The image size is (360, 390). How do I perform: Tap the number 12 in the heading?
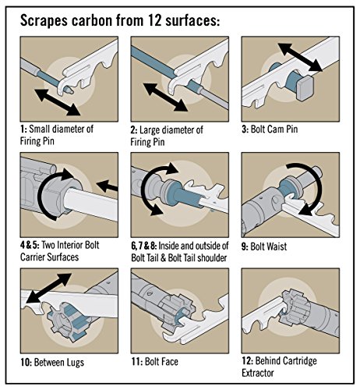[x=154, y=20]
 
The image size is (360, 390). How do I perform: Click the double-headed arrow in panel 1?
[x=58, y=102]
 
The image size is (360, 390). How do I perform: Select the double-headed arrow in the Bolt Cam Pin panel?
[x=300, y=58]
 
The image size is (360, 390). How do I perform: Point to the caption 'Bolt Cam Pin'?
[x=274, y=129]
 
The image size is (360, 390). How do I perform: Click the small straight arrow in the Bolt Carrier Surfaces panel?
[x=107, y=186]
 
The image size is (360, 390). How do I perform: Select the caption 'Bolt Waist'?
[x=269, y=246]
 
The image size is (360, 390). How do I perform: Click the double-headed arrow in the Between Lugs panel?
[x=49, y=289]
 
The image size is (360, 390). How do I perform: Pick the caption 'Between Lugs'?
[x=59, y=363]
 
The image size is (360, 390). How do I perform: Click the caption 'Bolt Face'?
[x=161, y=362]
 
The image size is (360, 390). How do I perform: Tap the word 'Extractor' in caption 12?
[x=258, y=373]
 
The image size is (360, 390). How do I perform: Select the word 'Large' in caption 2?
[x=150, y=130]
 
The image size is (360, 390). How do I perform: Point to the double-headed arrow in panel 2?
[x=165, y=97]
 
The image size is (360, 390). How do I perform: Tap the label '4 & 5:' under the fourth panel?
[x=30, y=245]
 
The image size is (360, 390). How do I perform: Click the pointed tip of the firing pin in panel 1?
[x=72, y=91]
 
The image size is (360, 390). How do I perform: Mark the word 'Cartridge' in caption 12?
[x=299, y=361]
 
